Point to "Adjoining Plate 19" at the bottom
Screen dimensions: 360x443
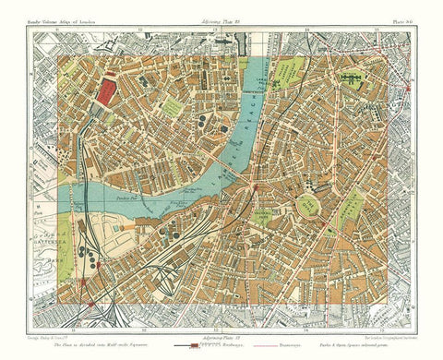(221, 337)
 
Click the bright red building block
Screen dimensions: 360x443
(108, 90)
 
